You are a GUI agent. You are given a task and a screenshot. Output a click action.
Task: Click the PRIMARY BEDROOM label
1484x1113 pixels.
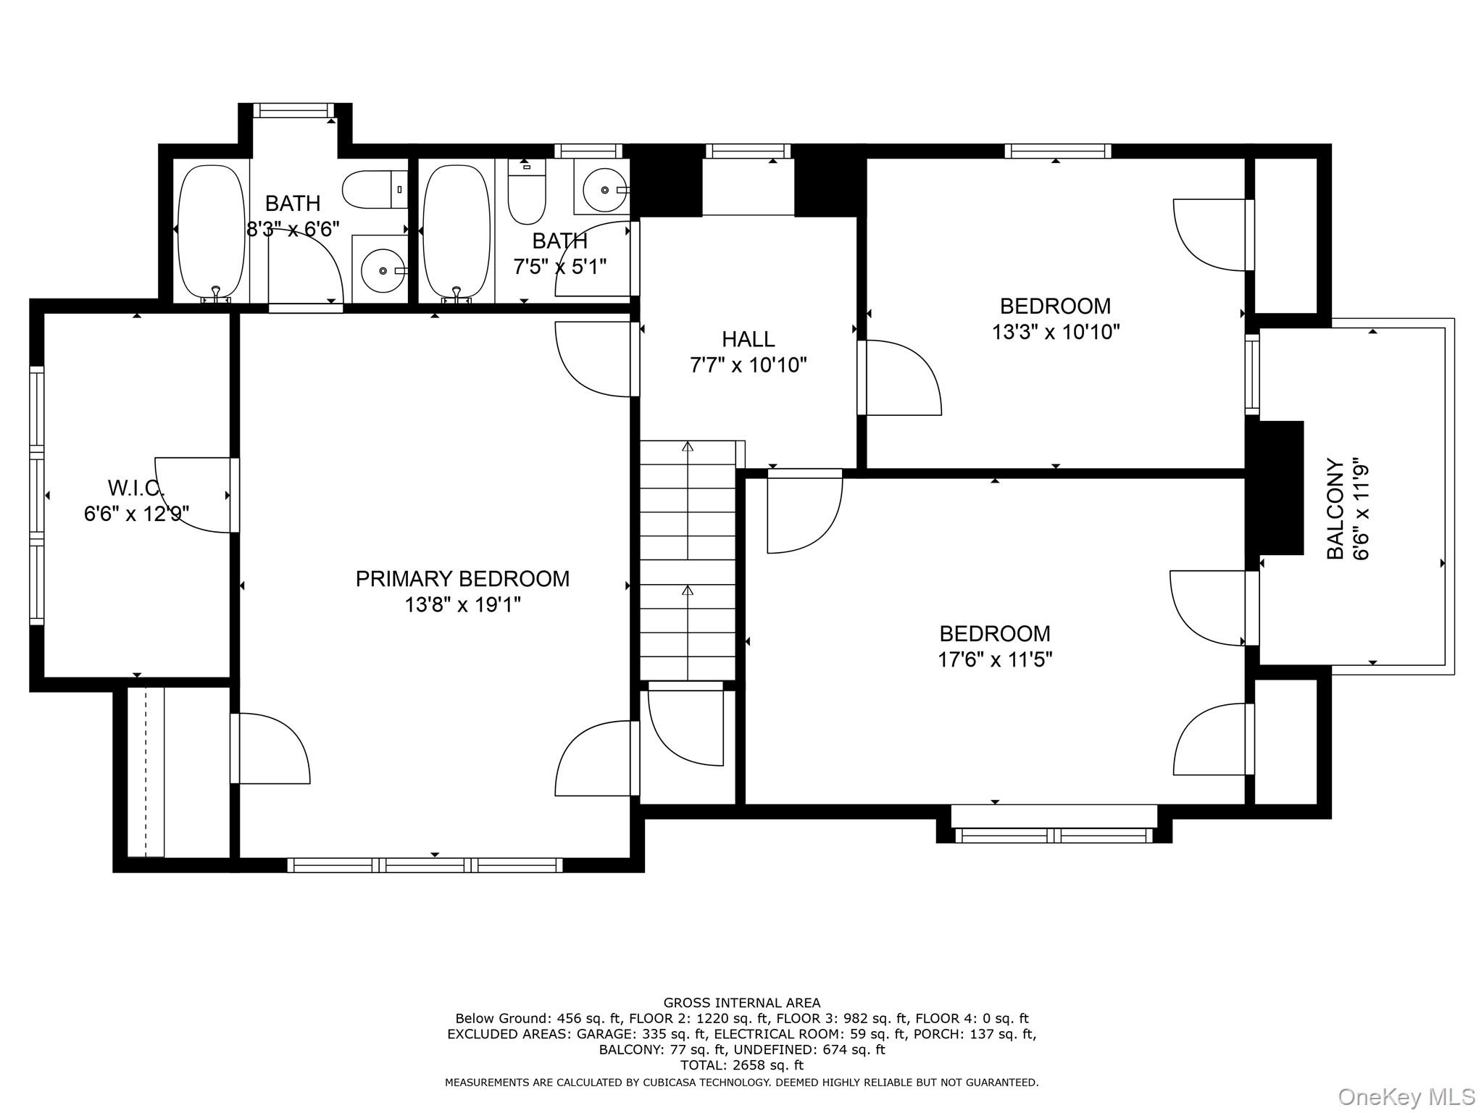click(x=462, y=579)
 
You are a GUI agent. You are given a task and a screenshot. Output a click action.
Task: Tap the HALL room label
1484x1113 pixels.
click(x=748, y=339)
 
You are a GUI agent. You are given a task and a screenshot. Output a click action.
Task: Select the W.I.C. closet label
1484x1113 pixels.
click(x=136, y=487)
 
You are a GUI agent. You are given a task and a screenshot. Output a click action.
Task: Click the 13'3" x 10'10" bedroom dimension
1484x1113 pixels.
click(x=1055, y=332)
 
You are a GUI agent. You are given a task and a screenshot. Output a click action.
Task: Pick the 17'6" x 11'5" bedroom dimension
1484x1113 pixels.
click(x=994, y=659)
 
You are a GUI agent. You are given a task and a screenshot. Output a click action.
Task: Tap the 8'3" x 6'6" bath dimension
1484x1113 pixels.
click(x=293, y=229)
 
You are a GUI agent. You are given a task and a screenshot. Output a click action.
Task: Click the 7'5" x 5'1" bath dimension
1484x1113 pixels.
click(x=559, y=267)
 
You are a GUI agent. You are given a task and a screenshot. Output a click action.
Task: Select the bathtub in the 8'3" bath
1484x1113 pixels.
click(x=211, y=232)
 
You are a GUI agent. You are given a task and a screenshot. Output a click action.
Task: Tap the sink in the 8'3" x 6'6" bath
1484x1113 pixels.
click(x=381, y=270)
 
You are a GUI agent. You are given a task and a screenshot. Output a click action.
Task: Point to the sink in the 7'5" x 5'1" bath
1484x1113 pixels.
click(x=603, y=188)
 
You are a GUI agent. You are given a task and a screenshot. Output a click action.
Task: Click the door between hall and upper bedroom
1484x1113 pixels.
click(x=900, y=378)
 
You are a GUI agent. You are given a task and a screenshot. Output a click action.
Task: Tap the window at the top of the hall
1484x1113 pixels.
click(x=748, y=151)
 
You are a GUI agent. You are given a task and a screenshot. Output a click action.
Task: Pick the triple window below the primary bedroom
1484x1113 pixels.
click(x=425, y=864)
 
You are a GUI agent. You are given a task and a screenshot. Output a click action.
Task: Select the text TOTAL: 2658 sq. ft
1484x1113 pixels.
click(x=741, y=1065)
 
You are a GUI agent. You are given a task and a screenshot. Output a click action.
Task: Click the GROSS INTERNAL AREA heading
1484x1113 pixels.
click(x=741, y=1003)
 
